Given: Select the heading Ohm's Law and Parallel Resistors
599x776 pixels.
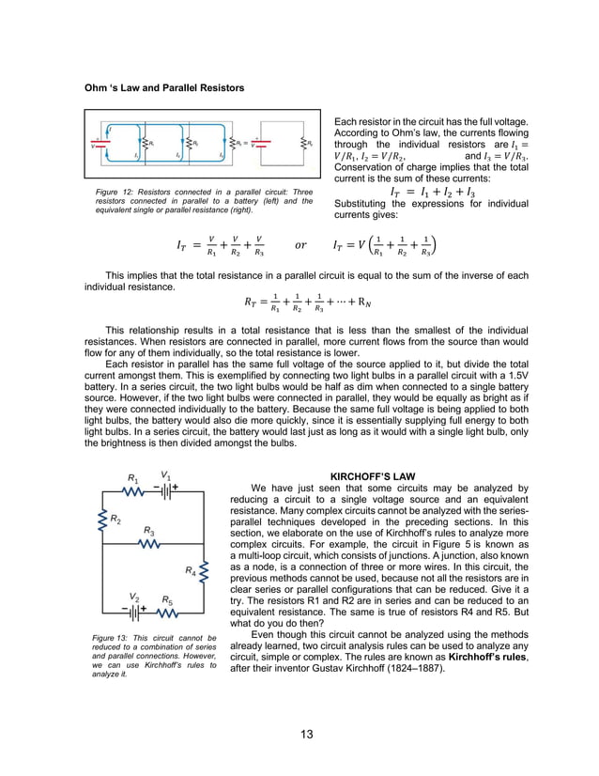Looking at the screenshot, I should (x=164, y=87).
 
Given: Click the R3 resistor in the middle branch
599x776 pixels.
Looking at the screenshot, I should (x=149, y=546).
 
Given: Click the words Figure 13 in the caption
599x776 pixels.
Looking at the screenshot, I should (x=112, y=639).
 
